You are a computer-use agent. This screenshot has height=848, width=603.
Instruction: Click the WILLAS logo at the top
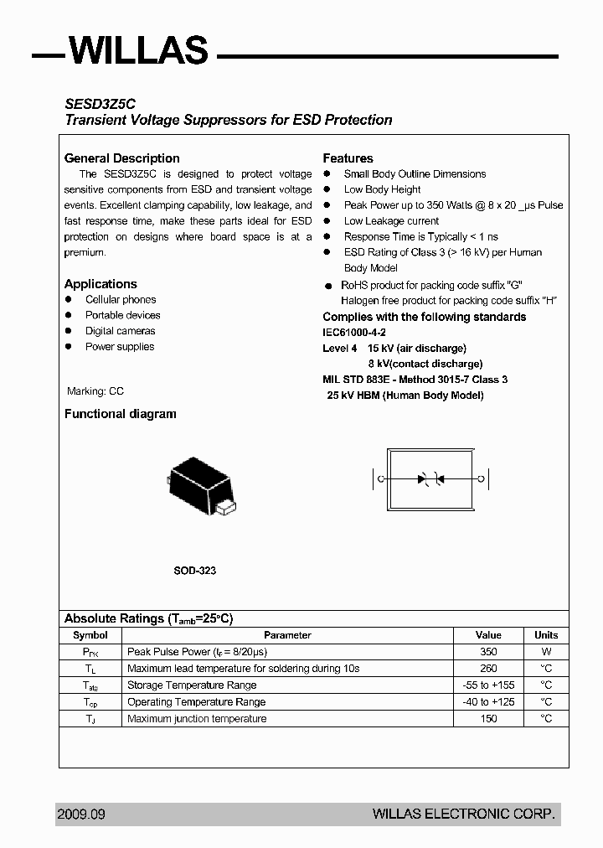(x=138, y=50)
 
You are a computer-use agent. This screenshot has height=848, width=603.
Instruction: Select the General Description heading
(x=122, y=158)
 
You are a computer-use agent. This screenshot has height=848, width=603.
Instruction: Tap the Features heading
(x=348, y=158)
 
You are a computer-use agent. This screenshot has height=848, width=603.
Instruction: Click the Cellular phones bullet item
(x=121, y=299)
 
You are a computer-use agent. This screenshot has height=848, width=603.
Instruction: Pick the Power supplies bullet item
(x=120, y=347)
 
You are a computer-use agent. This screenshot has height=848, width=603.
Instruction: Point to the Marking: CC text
(x=95, y=391)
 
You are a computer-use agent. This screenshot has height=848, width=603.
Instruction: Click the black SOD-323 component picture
(x=201, y=485)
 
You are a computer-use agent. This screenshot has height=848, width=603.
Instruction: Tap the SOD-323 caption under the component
(x=195, y=571)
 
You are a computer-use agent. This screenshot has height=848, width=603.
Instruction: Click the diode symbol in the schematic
(x=430, y=479)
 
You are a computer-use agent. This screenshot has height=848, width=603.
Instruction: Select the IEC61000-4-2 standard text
(x=354, y=333)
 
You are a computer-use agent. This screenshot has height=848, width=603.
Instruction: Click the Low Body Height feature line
(x=382, y=189)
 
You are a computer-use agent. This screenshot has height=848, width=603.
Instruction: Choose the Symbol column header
(x=90, y=635)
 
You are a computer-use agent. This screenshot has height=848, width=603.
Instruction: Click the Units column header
(x=546, y=635)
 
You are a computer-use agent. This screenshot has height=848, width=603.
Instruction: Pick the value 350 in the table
(x=488, y=652)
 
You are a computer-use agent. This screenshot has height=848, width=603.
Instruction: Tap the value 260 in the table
(x=488, y=669)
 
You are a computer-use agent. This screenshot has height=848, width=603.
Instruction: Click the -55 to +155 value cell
(x=488, y=685)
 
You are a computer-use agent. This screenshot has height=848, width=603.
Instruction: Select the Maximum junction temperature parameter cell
(x=197, y=719)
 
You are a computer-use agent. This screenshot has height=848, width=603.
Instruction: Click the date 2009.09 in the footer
(x=81, y=814)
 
